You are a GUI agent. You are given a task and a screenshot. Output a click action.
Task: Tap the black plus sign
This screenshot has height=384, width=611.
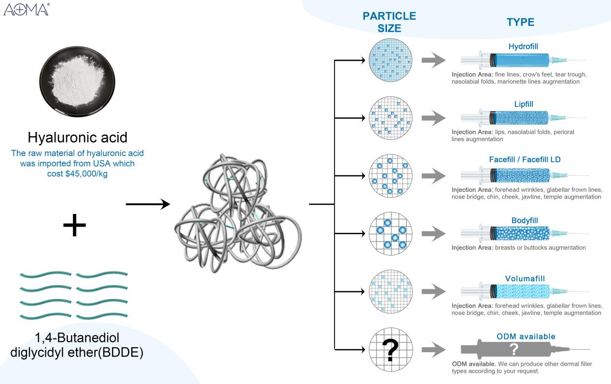(74, 226)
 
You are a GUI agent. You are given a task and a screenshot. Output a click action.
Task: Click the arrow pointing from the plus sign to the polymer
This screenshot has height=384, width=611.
(148, 205)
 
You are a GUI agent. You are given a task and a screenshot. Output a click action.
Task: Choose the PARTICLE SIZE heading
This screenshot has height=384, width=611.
(389, 22)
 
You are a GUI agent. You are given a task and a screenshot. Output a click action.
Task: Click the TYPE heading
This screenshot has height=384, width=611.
(520, 22)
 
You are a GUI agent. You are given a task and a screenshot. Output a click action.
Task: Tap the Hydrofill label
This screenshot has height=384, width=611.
(523, 47)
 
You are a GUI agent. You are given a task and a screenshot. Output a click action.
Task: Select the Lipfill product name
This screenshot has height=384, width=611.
(523, 103)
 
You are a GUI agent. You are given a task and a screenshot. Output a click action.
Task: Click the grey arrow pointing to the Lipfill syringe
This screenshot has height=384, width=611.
(432, 118)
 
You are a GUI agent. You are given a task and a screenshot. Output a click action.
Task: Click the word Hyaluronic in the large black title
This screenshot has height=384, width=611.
(57, 137)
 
